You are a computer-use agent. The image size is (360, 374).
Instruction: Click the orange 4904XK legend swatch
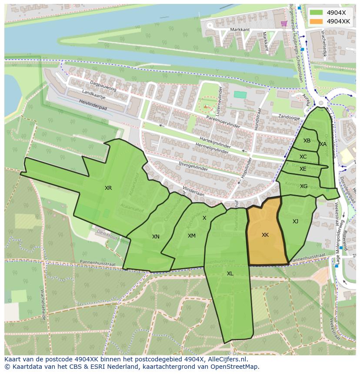317,21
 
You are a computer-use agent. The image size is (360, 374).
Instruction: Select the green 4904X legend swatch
317,13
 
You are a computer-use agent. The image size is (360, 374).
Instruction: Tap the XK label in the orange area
265,235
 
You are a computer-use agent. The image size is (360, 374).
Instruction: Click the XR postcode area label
108,188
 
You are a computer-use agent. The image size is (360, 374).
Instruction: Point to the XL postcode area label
230,274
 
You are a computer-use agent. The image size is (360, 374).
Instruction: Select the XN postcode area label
156,237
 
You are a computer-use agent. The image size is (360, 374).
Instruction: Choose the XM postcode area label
191,236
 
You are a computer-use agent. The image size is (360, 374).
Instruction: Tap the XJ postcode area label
295,222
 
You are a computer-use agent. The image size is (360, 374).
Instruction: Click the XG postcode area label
303,186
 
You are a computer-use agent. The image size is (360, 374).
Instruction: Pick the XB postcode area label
307,141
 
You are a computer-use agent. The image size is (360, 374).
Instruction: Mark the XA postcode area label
323,144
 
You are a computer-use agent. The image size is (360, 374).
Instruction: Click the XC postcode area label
303,157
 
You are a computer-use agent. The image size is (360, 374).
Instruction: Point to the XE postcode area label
303,169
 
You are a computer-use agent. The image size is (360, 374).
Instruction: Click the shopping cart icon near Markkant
284,23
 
